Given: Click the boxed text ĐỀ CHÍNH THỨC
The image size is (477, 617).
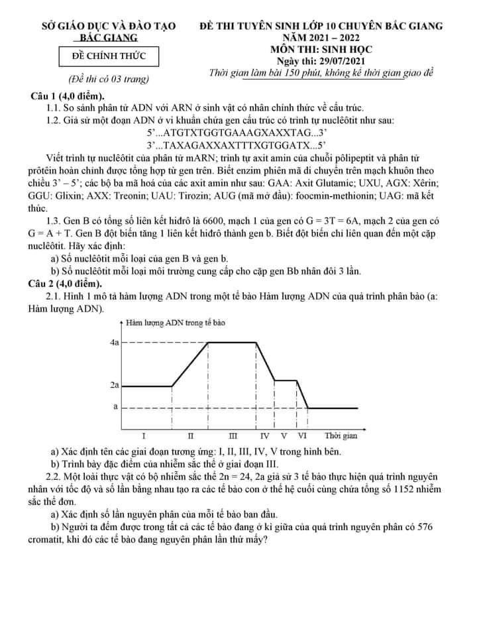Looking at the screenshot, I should (109, 58).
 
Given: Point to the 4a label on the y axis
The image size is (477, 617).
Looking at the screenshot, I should (114, 343).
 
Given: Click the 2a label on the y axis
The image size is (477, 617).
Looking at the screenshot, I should (114, 385).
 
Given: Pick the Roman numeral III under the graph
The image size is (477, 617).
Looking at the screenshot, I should (233, 436).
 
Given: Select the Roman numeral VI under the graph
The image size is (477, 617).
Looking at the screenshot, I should (303, 436).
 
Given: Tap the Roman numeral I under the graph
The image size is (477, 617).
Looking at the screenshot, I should (144, 436).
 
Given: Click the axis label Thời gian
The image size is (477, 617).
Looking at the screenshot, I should (341, 436).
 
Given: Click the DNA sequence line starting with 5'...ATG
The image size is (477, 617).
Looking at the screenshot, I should (237, 132).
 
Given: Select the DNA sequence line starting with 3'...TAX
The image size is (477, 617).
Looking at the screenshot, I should (237, 144).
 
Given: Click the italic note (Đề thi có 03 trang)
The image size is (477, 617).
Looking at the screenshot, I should (109, 79).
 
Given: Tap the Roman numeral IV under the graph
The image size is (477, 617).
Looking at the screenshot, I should (265, 436).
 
